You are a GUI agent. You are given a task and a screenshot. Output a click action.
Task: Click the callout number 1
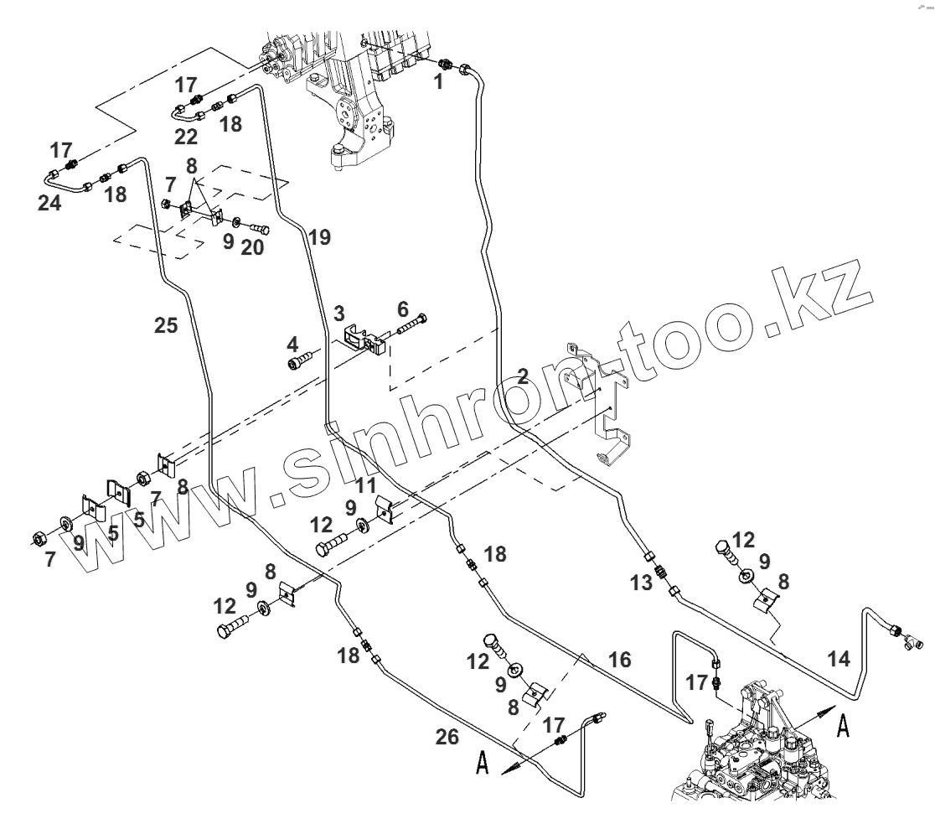point(438,82)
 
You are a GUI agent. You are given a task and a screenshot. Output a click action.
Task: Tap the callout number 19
point(318,237)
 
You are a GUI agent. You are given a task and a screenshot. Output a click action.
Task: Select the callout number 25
point(166,324)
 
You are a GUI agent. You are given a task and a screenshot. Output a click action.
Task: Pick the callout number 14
point(839,659)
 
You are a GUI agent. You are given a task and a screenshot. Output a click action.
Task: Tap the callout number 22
point(186,137)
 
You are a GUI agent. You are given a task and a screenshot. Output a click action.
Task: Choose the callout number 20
point(252,248)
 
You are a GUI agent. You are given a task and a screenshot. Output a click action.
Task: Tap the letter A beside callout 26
point(483,764)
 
